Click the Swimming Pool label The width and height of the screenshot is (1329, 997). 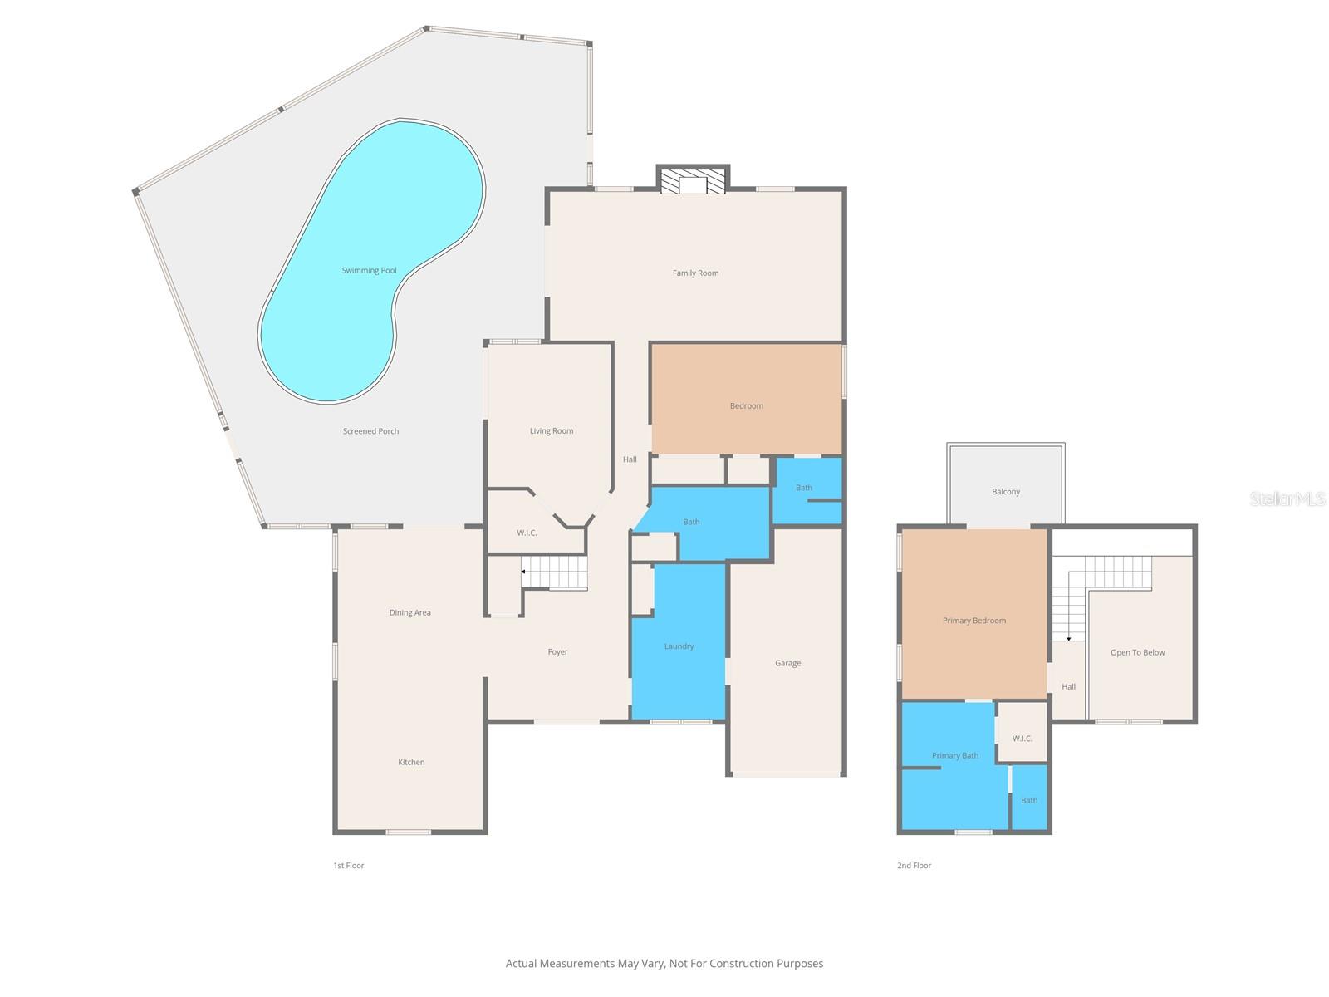point(369,270)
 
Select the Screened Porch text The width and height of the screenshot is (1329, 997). point(370,431)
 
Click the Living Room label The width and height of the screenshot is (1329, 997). point(552,430)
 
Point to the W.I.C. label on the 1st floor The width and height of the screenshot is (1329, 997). point(527,533)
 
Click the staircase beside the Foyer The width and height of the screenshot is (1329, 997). point(555,573)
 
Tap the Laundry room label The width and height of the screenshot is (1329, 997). point(679,646)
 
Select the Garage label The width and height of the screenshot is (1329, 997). point(787,663)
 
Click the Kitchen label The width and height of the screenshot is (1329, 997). point(411,762)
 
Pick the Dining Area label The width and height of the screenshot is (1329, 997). point(409,612)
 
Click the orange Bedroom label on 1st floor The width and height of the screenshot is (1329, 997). point(746,405)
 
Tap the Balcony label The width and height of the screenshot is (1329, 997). point(1005,492)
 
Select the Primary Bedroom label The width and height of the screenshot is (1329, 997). point(973,621)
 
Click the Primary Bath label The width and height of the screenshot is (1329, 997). point(954,755)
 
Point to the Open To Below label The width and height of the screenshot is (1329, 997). point(1137,652)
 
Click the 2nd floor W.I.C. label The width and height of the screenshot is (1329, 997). point(1022,739)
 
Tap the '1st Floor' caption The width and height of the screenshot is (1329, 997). point(349,866)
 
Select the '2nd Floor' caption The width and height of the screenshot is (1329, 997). point(914,866)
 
